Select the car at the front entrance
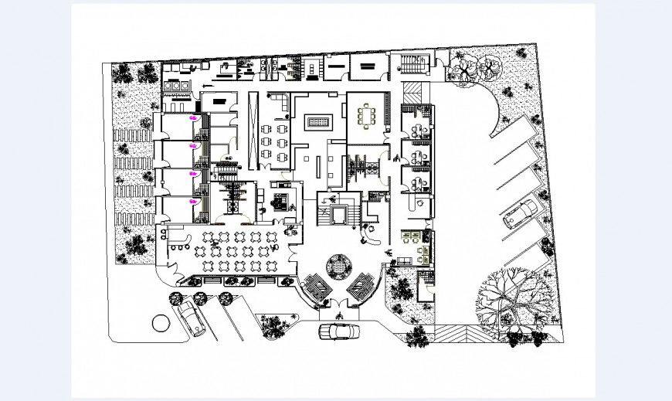coord(339,331)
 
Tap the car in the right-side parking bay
coord(521,214)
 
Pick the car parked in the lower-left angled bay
coord(190,316)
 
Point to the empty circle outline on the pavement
coord(161,321)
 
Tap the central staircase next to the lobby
coord(340,209)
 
